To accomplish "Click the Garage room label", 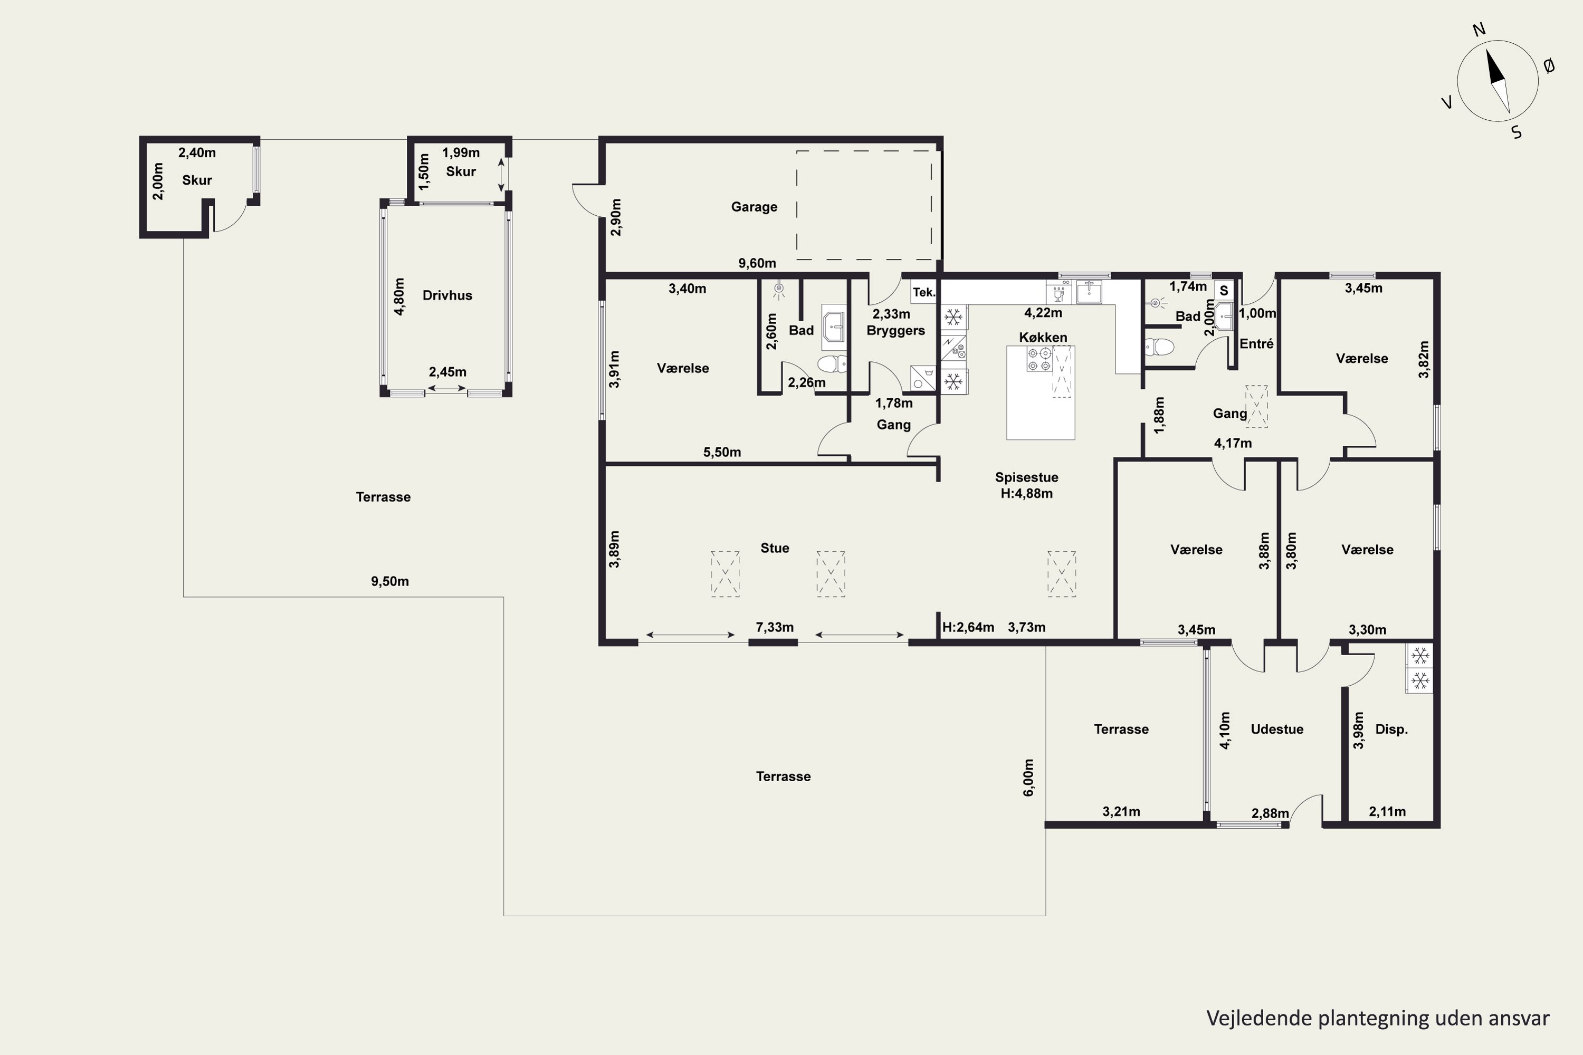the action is (754, 207).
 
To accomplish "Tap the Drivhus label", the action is (447, 295).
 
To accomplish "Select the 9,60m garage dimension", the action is (757, 263).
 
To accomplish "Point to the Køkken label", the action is (1043, 337).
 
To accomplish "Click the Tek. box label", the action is (924, 292).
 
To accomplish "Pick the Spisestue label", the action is (1026, 477).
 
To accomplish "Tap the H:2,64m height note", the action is (968, 627).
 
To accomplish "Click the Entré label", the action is (1256, 344).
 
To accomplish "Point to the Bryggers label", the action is (895, 330).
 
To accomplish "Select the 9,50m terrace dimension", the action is (390, 581).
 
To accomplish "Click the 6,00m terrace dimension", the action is (1028, 778).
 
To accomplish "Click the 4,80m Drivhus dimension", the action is (399, 296).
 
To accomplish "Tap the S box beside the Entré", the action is (1224, 291).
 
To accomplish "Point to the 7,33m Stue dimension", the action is (775, 628).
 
